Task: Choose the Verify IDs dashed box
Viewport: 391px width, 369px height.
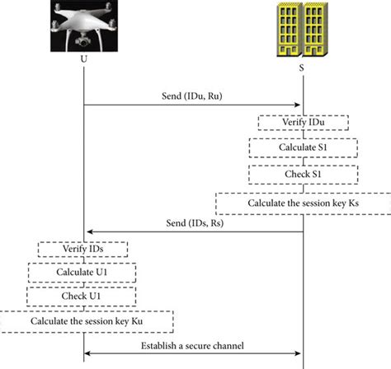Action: pyautogui.click(x=83, y=249)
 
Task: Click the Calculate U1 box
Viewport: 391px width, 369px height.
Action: pyautogui.click(x=83, y=273)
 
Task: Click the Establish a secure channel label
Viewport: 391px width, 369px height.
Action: pyautogui.click(x=195, y=346)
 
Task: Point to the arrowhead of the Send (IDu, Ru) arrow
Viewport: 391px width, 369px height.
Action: pyautogui.click(x=296, y=105)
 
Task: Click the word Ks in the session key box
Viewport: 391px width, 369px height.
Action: pyautogui.click(x=353, y=203)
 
